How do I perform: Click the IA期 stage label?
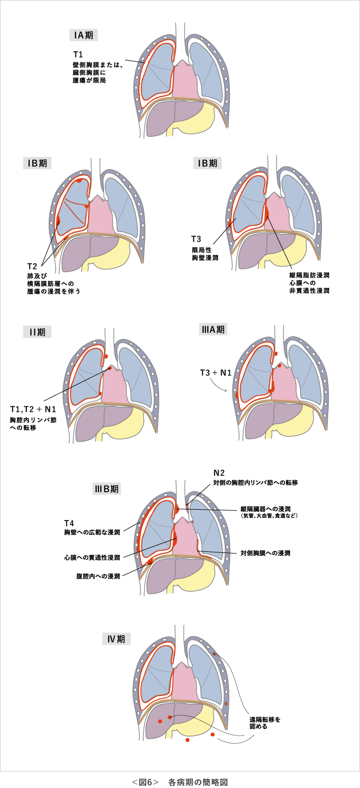pyautogui.click(x=83, y=35)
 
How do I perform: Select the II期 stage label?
pyautogui.click(x=37, y=332)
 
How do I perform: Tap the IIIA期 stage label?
pyautogui.click(x=213, y=329)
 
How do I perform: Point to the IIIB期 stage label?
pyautogui.click(x=106, y=489)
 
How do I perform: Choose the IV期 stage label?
pyautogui.click(x=116, y=639)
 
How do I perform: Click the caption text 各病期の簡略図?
pyautogui.click(x=197, y=782)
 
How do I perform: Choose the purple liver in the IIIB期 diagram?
pyautogui.click(x=162, y=576)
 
